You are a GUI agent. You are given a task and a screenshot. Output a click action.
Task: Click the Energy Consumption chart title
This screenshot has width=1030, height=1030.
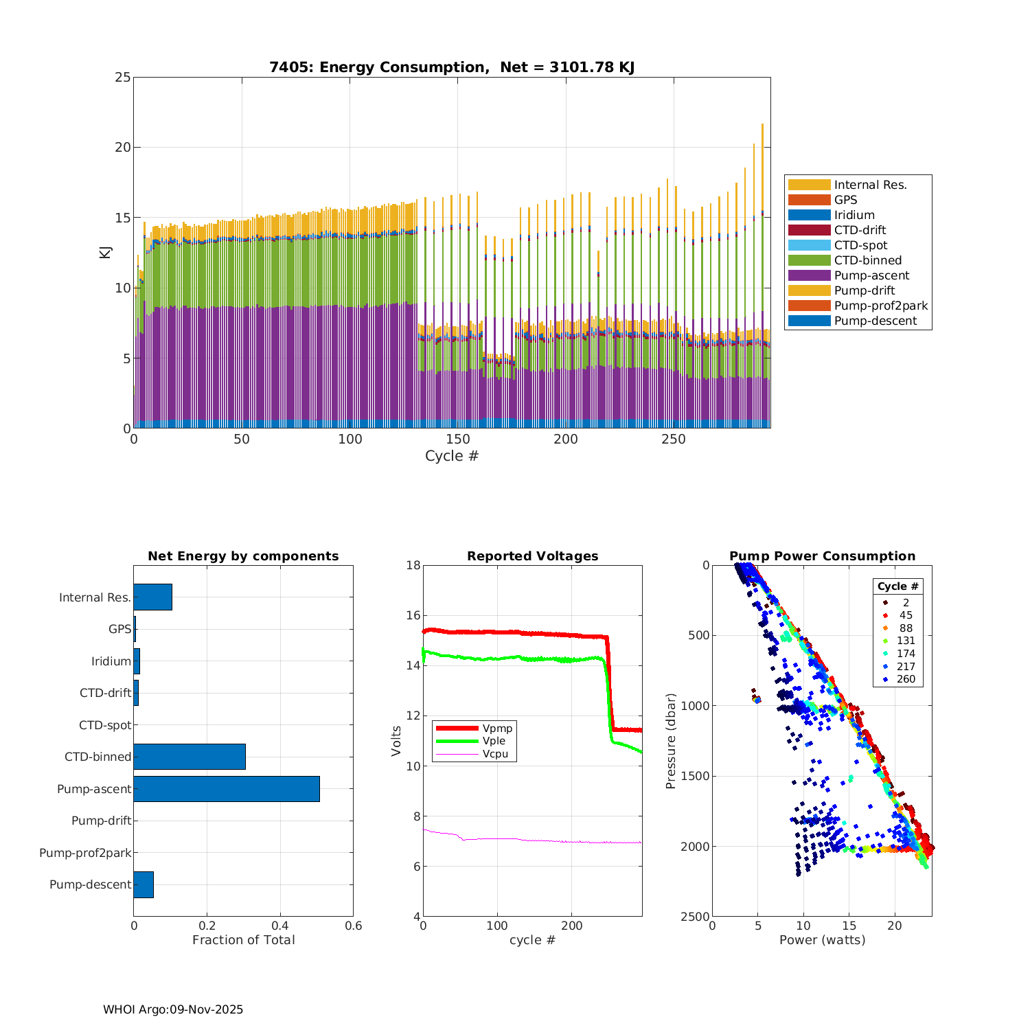pos(451,67)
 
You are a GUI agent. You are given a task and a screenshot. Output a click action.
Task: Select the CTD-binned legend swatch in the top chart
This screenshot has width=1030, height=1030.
pos(809,260)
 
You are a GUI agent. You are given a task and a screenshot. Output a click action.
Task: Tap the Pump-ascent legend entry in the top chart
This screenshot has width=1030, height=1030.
pos(871,275)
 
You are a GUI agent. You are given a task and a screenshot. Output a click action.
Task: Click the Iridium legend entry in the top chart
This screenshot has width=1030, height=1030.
pos(854,215)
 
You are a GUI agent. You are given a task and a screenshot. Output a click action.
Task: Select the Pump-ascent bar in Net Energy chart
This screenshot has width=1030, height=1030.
pos(227,789)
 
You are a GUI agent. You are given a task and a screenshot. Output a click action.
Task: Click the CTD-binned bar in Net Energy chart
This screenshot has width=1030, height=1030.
pos(190,757)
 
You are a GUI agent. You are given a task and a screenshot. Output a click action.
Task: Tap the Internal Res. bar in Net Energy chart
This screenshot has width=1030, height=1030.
pos(152,597)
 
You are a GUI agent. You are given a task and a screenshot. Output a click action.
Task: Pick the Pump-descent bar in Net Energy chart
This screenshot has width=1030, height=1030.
pos(144,884)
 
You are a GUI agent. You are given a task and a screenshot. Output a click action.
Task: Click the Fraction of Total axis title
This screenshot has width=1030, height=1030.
pos(243,940)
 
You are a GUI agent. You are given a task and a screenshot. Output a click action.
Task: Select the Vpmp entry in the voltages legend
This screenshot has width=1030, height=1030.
pos(497,728)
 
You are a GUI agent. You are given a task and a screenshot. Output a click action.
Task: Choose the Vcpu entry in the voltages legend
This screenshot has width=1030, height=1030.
pos(495,754)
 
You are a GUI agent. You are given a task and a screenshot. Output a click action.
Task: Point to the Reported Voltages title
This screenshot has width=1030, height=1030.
pos(532,556)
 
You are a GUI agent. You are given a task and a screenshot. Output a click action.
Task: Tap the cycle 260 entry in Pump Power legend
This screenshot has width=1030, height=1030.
pos(906,679)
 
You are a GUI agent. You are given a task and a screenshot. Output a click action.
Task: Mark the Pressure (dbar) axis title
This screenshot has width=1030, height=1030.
pos(671,741)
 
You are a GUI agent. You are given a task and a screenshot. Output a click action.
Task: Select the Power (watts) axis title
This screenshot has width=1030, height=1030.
pos(822,940)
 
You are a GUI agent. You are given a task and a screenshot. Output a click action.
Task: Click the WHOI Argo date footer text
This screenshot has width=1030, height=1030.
pos(173,1009)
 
